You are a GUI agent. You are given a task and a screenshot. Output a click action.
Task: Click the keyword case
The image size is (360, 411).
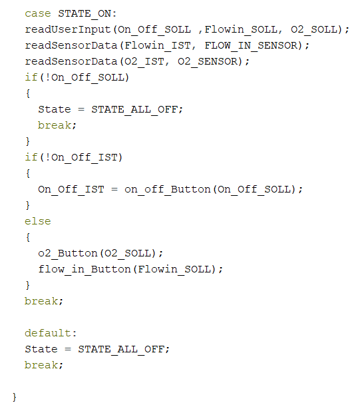pyautogui.click(x=38, y=13)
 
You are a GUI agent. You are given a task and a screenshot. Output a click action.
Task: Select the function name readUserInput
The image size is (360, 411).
pyautogui.click(x=68, y=29)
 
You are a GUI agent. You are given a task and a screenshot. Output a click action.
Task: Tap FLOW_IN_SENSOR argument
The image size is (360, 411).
pyautogui.click(x=251, y=45)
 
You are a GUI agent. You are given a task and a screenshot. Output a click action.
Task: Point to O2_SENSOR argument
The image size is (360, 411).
pyautogui.click(x=207, y=61)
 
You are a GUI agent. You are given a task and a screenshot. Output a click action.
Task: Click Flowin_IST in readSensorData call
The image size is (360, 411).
pyautogui.click(x=158, y=45)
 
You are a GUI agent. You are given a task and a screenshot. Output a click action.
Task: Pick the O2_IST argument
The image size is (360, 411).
pyautogui.click(x=144, y=61)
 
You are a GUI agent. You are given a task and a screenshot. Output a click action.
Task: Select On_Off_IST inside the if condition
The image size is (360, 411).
pyautogui.click(x=85, y=157)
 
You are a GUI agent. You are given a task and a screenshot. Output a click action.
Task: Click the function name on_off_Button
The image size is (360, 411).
pyautogui.click(x=168, y=189)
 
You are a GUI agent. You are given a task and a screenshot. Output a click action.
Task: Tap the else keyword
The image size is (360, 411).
pyautogui.click(x=38, y=222)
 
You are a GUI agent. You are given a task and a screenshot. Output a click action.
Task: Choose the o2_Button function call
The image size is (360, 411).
pyautogui.click(x=68, y=254)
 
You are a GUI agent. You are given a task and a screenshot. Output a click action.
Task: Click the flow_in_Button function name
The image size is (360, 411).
pyautogui.click(x=85, y=270)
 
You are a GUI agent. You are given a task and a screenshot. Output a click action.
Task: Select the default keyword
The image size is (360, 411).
pyautogui.click(x=48, y=333)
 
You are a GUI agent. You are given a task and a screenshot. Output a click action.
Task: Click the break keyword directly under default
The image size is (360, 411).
pyautogui.click(x=41, y=365)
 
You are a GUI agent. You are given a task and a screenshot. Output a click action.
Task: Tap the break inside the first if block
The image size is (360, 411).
pyautogui.click(x=55, y=125)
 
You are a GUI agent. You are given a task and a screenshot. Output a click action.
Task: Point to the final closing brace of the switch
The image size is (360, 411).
pyautogui.click(x=15, y=398)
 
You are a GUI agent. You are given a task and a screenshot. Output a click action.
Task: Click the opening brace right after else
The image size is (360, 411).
pyautogui.click(x=28, y=238)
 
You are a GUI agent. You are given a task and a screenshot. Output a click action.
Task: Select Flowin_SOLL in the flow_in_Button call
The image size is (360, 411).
pyautogui.click(x=174, y=270)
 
